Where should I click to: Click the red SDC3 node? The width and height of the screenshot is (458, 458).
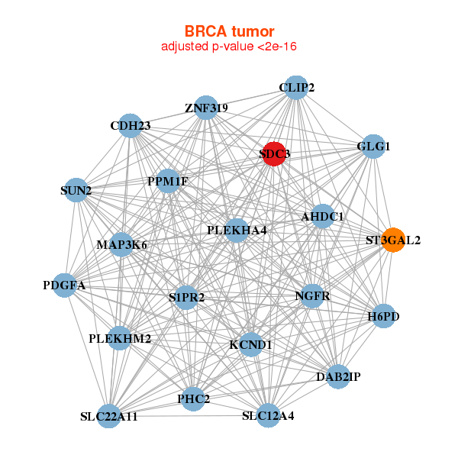tap(274, 153)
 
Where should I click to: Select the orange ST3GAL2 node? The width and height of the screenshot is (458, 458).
tap(393, 240)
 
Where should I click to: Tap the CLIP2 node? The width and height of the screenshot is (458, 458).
tap(296, 88)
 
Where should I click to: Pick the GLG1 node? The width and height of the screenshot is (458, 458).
tap(373, 147)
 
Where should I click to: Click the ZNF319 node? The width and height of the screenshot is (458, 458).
tap(206, 108)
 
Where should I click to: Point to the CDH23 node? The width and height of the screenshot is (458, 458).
tap(131, 126)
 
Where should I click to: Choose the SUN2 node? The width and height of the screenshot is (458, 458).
tap(76, 190)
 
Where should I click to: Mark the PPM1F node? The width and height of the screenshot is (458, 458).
tap(167, 181)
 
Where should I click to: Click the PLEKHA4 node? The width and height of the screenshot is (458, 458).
tap(237, 230)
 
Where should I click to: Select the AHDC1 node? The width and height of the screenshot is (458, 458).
tap(323, 217)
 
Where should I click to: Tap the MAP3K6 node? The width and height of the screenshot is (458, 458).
tap(122, 245)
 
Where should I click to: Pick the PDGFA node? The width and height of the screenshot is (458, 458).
tap(65, 285)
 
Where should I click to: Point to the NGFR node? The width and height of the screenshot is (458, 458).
tap(311, 295)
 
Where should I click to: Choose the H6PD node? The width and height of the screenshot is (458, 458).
tap(383, 316)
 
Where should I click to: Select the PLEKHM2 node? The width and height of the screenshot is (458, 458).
tap(119, 337)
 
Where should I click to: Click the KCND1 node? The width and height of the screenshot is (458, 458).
tap(251, 345)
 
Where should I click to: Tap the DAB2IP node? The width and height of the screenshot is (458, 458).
tap(338, 376)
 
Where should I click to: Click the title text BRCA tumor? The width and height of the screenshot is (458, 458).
tap(229, 31)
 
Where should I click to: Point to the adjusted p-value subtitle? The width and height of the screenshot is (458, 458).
tap(229, 47)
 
